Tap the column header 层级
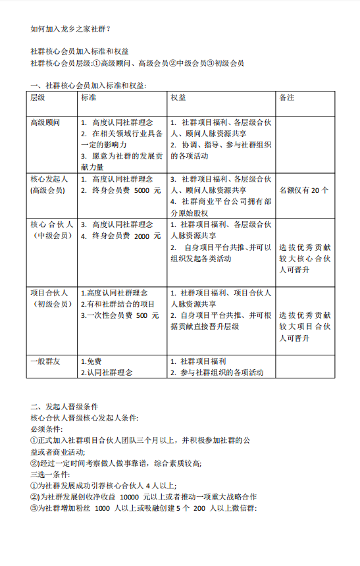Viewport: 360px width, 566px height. point(38,97)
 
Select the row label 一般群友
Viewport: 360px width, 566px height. point(45,361)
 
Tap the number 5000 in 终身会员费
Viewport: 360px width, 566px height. point(142,190)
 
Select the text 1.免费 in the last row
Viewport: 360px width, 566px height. point(91,361)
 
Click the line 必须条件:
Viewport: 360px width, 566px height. point(49,428)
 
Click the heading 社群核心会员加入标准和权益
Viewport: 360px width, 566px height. point(80,51)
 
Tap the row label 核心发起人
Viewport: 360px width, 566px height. point(48,179)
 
